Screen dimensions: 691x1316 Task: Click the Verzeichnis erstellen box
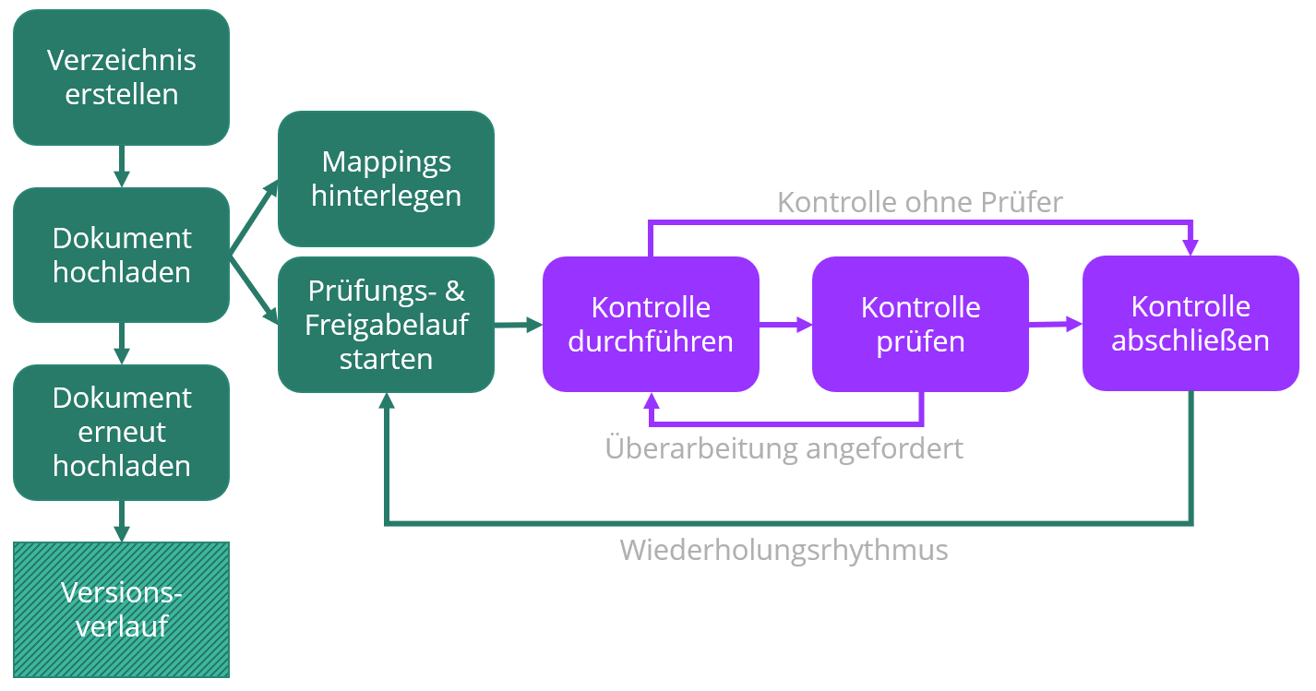click(121, 77)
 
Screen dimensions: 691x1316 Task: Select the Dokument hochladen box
click(121, 255)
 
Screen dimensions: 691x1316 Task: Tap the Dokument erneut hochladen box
click(121, 432)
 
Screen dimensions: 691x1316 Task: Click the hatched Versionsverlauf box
click(121, 610)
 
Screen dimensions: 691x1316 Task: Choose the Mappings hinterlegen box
click(386, 178)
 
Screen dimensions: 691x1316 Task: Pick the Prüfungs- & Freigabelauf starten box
click(386, 325)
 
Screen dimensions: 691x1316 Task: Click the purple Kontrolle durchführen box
click(651, 324)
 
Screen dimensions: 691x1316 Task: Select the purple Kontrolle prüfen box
click(920, 324)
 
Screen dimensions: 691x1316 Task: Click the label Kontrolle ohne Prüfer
click(920, 202)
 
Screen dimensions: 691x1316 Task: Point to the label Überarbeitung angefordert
click(784, 448)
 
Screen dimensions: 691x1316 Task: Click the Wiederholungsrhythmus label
click(784, 550)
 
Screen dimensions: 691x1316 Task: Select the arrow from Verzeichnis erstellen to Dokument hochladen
click(121, 166)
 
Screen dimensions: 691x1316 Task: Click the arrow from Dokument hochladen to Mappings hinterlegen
click(254, 216)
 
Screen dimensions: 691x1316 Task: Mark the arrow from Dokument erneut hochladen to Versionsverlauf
click(121, 521)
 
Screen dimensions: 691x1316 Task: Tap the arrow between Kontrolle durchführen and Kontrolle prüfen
click(785, 325)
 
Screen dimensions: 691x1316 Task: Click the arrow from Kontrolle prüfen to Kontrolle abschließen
click(1055, 324)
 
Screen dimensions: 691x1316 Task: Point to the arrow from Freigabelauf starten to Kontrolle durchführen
click(518, 325)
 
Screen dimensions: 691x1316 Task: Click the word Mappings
click(386, 161)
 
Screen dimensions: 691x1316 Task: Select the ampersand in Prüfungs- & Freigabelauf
click(455, 292)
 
